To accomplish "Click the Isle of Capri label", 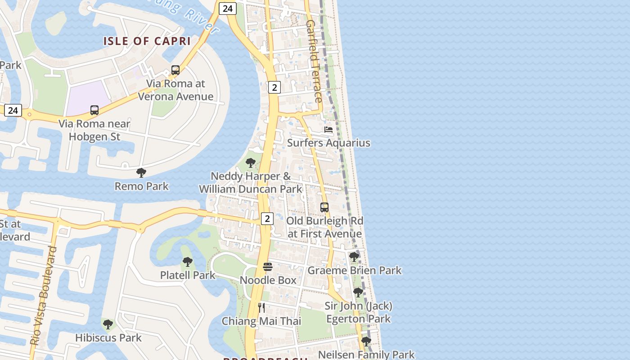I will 147,41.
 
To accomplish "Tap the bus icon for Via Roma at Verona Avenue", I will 175,70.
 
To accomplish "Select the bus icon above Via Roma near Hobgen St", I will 94,110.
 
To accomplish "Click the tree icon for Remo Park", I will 141,172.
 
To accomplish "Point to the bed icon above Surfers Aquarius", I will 328,130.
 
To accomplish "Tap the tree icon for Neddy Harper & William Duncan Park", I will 251,162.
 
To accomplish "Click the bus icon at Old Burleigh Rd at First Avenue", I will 324,207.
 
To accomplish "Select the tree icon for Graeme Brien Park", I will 354,257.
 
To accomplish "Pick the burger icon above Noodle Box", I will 268,267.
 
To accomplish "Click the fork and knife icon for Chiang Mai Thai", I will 261,308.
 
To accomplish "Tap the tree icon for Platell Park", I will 188,261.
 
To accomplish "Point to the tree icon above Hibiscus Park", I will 108,324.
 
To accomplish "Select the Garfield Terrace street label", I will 315,61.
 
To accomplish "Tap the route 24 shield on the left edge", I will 13,110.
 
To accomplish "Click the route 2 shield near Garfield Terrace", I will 274,87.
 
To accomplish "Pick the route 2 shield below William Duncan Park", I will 267,219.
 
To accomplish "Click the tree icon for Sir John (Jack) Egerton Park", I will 358,292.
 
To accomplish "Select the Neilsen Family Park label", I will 366,354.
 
